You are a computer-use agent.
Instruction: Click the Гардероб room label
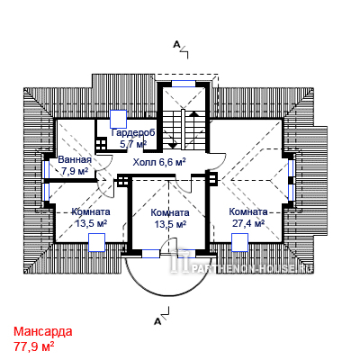pyautogui.click(x=133, y=132)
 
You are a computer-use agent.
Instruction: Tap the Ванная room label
pyautogui.click(x=75, y=159)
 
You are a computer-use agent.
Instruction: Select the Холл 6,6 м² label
pyautogui.click(x=159, y=162)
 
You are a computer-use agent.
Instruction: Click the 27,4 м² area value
pyautogui.click(x=248, y=223)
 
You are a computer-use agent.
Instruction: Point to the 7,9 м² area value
pyautogui.click(x=75, y=171)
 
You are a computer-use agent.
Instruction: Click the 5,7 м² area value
pyautogui.click(x=133, y=144)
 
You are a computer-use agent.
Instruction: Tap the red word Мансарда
pyautogui.click(x=43, y=331)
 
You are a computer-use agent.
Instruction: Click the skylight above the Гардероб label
pyautogui.click(x=119, y=119)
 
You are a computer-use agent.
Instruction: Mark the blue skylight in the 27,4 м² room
pyautogui.click(x=239, y=242)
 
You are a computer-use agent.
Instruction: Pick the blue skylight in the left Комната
pyautogui.click(x=96, y=242)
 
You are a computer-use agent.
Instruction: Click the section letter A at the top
pyautogui.click(x=176, y=45)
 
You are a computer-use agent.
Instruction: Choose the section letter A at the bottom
pyautogui.click(x=157, y=321)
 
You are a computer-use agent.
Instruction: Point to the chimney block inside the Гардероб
pyautogui.click(x=101, y=144)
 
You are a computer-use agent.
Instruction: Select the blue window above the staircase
pyautogui.click(x=184, y=84)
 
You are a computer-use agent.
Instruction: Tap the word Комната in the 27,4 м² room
pyautogui.click(x=248, y=211)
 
